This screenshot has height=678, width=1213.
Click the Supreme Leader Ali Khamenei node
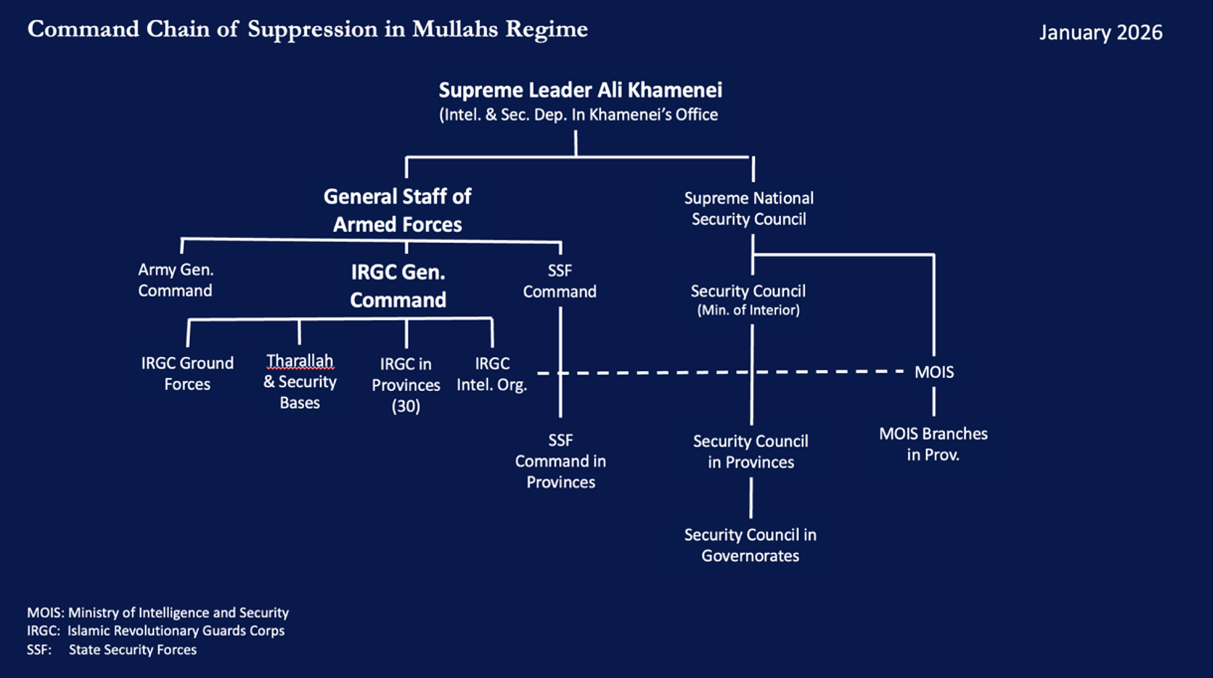point(580,90)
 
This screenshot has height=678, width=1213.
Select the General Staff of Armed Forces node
point(397,210)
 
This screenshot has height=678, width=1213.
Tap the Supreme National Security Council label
point(748,208)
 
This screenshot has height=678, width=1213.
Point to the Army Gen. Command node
point(176,280)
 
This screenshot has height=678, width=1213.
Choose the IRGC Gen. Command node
point(398,286)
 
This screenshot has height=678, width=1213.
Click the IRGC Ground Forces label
point(187,373)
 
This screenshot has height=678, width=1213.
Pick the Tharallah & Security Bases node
point(300,381)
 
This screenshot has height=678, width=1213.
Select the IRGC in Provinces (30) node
point(406,385)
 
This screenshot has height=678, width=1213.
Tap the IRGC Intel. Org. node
point(492,374)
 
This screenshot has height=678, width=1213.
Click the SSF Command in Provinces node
point(561,461)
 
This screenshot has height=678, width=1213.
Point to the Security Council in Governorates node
point(750,545)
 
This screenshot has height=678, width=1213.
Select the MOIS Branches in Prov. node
point(933,444)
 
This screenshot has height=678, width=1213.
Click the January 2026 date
point(1100,33)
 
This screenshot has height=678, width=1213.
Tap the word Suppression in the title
point(312,30)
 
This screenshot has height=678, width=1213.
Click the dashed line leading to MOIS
point(831,372)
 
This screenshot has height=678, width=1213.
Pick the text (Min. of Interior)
point(748,310)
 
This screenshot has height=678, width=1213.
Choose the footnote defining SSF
point(112,650)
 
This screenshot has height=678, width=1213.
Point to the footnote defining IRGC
point(156,631)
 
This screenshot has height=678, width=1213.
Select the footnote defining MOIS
point(158,613)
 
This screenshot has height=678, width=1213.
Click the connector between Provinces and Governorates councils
point(751,498)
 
